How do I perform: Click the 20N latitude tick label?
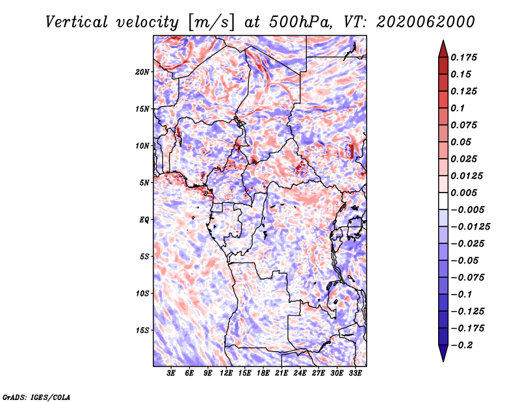point(142,72)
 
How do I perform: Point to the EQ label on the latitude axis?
point(144,220)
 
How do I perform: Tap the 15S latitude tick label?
point(142,330)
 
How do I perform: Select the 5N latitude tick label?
point(144,183)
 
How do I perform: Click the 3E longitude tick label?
point(171,373)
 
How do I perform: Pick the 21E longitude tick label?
point(281,373)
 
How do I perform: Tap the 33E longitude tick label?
point(355,373)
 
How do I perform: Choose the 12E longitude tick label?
point(226,373)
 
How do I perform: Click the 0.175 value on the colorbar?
point(463,58)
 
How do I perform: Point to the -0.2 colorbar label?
point(462,345)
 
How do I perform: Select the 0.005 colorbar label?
point(463,193)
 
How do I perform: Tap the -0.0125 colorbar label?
point(470,227)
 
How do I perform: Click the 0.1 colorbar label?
point(458,108)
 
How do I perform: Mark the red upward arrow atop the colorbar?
point(443,49)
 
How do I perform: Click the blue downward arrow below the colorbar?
point(443,353)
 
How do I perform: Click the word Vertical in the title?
point(76,22)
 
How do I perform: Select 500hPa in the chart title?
point(300,22)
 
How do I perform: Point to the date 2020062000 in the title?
point(426,22)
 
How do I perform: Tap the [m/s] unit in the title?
point(212,22)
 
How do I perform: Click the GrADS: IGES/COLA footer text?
point(36,397)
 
